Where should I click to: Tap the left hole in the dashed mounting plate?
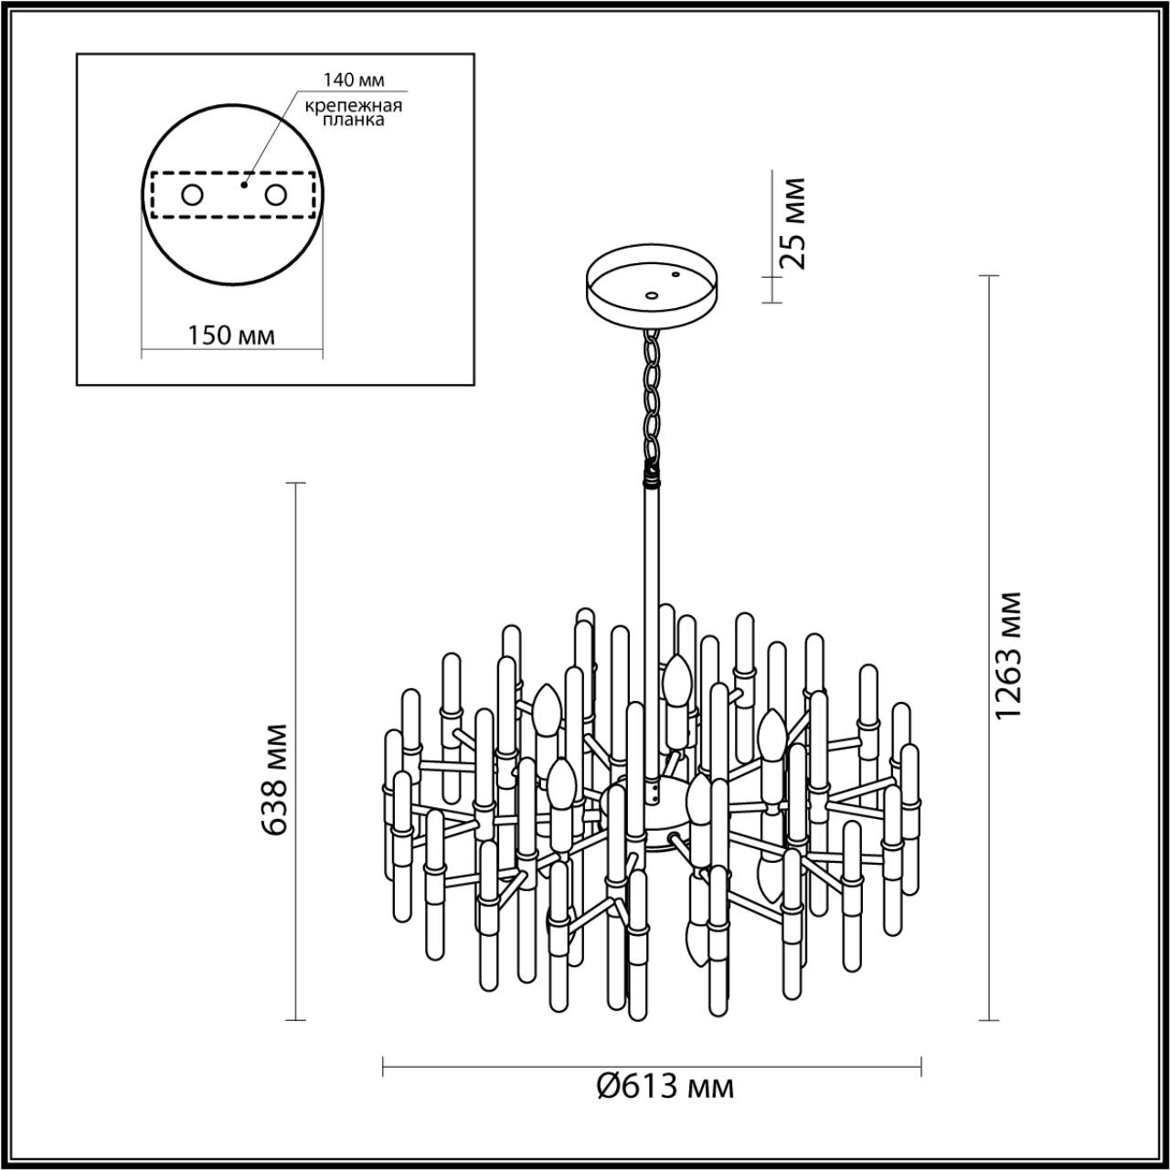pyautogui.click(x=192, y=195)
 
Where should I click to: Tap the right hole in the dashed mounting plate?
pyautogui.click(x=275, y=195)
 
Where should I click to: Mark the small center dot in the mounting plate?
pyautogui.click(x=242, y=184)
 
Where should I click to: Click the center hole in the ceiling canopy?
pyautogui.click(x=651, y=295)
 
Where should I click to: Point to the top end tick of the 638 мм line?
pyautogui.click(x=295, y=482)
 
